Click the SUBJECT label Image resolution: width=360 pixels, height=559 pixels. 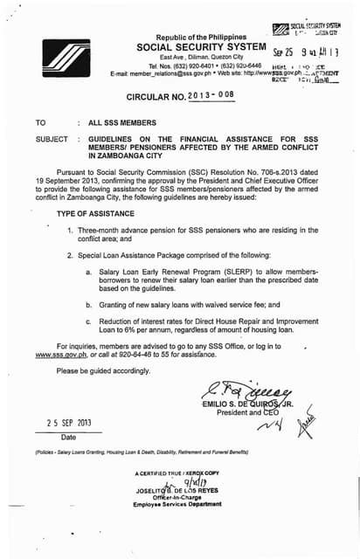click(52, 140)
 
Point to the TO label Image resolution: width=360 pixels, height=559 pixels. click(40, 125)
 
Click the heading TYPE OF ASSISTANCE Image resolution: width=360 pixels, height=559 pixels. click(94, 213)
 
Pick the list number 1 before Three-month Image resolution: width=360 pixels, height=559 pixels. click(69, 229)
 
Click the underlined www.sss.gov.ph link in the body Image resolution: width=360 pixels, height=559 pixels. click(59, 356)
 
